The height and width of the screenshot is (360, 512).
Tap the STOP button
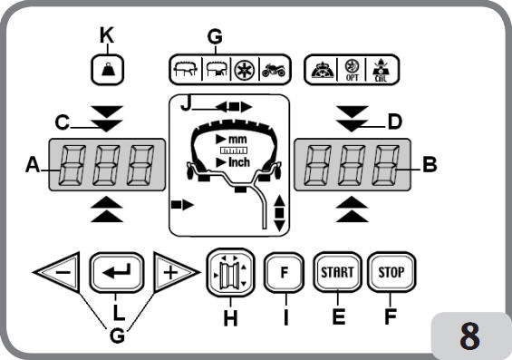tap(391, 272)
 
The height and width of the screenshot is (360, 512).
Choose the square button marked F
tap(284, 272)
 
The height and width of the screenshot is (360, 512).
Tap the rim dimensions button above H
tap(230, 273)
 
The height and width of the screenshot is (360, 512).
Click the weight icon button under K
tap(107, 70)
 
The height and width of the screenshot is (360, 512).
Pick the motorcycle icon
tap(274, 70)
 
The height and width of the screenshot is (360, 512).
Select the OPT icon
tap(352, 70)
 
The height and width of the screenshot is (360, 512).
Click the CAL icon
tap(381, 70)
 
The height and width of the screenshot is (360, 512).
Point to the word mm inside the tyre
tap(237, 140)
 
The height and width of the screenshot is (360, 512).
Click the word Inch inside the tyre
tap(239, 162)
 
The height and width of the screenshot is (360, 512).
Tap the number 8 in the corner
tap(470, 336)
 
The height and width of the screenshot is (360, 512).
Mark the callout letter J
tap(186, 104)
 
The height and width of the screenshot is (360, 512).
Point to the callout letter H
tap(230, 318)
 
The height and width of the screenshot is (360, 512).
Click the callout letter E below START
tap(339, 316)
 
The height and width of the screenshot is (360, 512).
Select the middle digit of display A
tap(106, 165)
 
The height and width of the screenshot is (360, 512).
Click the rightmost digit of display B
tap(385, 165)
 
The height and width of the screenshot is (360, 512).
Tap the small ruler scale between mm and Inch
tap(234, 151)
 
